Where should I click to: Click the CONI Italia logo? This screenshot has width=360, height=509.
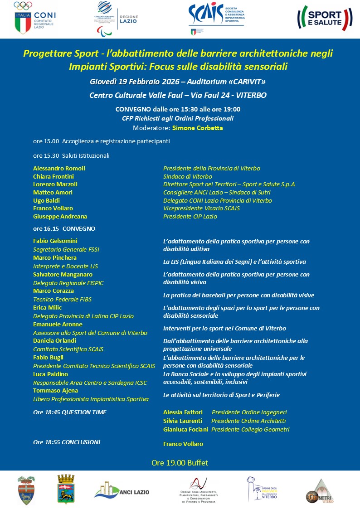(34, 18)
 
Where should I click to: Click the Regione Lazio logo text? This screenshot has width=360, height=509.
(128, 19)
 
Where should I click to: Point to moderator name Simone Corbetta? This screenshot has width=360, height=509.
(197, 128)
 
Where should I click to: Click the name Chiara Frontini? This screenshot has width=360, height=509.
(54, 176)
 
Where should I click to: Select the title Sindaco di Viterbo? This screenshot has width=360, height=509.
(188, 176)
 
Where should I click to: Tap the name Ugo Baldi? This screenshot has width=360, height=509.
(47, 200)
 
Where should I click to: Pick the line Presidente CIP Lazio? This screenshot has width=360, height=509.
(190, 217)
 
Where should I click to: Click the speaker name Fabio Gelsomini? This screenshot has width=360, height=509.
(55, 241)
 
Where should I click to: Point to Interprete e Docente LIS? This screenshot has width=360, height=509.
(65, 267)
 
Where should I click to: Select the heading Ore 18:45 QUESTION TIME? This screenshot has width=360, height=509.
(70, 412)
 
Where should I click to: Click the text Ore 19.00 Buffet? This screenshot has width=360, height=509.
(180, 463)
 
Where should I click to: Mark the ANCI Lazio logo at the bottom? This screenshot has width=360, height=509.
(122, 490)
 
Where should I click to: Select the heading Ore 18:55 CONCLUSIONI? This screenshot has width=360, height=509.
(67, 442)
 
